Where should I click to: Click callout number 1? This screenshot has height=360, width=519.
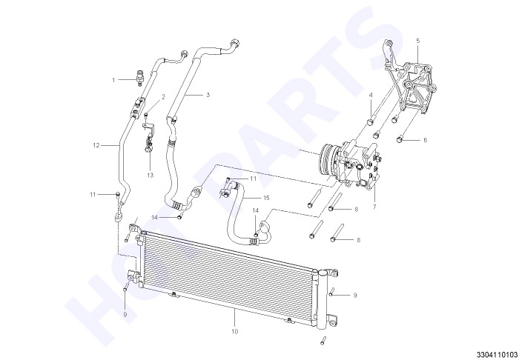click(113, 80)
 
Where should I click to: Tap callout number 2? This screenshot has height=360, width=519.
click(163, 97)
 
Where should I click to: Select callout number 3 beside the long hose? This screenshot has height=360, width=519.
click(208, 95)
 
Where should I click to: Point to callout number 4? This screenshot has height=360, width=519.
click(371, 95)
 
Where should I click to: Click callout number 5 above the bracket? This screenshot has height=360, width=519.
click(417, 41)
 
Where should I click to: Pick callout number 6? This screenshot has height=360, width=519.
click(426, 140)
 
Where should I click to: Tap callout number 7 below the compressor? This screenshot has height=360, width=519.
click(374, 207)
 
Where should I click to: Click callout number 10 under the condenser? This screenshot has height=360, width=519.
click(235, 331)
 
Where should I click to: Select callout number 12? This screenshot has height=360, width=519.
click(96, 145)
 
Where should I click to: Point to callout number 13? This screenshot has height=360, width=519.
click(151, 176)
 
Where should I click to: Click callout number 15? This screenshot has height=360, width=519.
click(266, 198)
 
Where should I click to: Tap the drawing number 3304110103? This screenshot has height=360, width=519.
click(497, 354)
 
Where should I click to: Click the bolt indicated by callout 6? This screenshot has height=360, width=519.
click(400, 139)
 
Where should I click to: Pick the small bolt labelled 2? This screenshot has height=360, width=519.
click(146, 114)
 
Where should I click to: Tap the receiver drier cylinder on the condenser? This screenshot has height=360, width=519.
click(322, 299)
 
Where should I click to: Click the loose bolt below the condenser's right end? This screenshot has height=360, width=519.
click(323, 341)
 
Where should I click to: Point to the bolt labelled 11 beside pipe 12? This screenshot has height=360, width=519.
click(117, 194)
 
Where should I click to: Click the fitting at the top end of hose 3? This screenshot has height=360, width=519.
click(235, 44)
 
